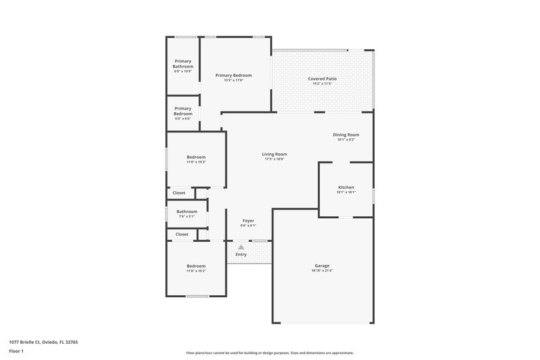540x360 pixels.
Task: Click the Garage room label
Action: (322, 265)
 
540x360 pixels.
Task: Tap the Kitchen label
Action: (345, 187)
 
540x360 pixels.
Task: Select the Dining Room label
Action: (346, 134)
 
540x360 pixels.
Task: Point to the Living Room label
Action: (274, 154)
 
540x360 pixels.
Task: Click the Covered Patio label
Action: (322, 78)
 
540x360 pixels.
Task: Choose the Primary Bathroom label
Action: (183, 63)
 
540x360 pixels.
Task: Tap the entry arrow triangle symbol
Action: (241, 247)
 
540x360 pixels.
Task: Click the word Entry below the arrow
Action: (241, 255)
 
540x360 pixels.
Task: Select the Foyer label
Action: (248, 220)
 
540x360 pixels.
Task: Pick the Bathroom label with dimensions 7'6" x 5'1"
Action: (187, 211)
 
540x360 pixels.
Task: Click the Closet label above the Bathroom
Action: (179, 193)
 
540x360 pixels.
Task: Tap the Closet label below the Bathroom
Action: (182, 234)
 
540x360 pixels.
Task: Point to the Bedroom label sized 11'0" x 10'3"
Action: (196, 157)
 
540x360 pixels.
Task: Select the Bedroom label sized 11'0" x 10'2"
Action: (196, 266)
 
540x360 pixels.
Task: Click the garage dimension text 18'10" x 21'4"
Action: (322, 271)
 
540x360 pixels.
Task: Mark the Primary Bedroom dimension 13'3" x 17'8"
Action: (234, 80)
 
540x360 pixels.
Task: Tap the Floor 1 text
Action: (16, 352)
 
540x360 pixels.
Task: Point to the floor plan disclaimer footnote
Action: (269, 353)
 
